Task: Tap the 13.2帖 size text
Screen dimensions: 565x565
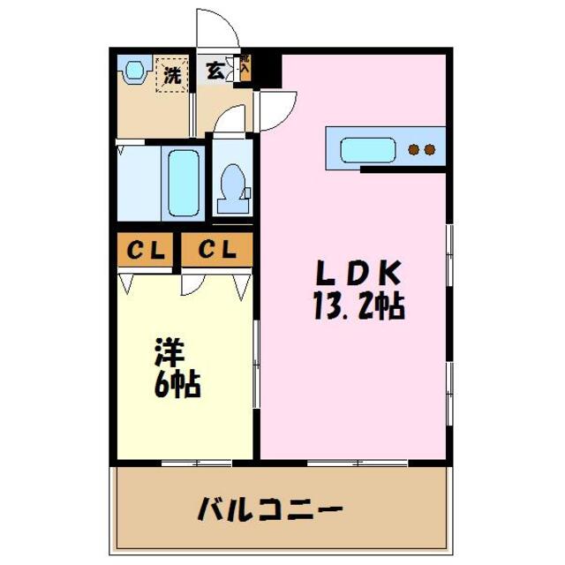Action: (358, 306)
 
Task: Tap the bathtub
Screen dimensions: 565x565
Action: (184, 183)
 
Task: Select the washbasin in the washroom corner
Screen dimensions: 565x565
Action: (134, 70)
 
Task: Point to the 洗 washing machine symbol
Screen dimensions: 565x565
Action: (171, 75)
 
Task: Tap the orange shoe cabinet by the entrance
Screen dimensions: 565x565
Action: (245, 71)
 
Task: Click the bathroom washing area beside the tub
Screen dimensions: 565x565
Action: (138, 184)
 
